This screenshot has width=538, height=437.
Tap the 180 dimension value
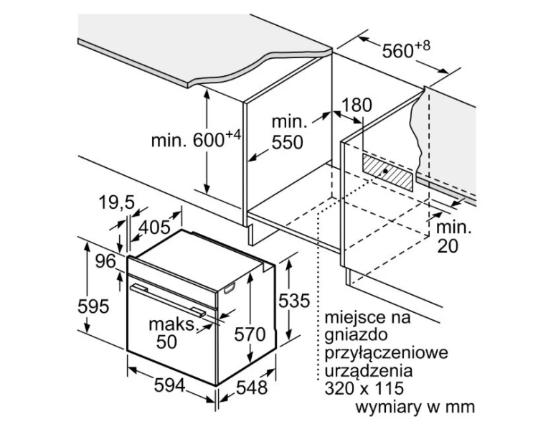[x=357, y=105]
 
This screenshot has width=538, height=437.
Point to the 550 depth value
[x=288, y=142]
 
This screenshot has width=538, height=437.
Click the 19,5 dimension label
[x=117, y=202]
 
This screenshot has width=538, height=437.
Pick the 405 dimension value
[x=154, y=227]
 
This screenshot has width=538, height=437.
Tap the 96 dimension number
[x=105, y=262]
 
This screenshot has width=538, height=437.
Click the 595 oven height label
[x=93, y=306]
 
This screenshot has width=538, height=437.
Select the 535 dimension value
[x=294, y=301]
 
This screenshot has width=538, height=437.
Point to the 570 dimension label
[x=250, y=334]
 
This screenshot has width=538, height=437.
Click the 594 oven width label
[x=169, y=385]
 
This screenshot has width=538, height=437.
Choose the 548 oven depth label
[x=252, y=387]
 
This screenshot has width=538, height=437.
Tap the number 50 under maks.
[x=166, y=342]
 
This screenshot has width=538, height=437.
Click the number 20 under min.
[x=448, y=246]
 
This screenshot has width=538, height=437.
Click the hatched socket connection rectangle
[x=387, y=171]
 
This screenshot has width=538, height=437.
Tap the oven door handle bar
[x=168, y=300]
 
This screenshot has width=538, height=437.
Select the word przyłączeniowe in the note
[x=387, y=353]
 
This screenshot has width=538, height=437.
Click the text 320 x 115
[x=364, y=389]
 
